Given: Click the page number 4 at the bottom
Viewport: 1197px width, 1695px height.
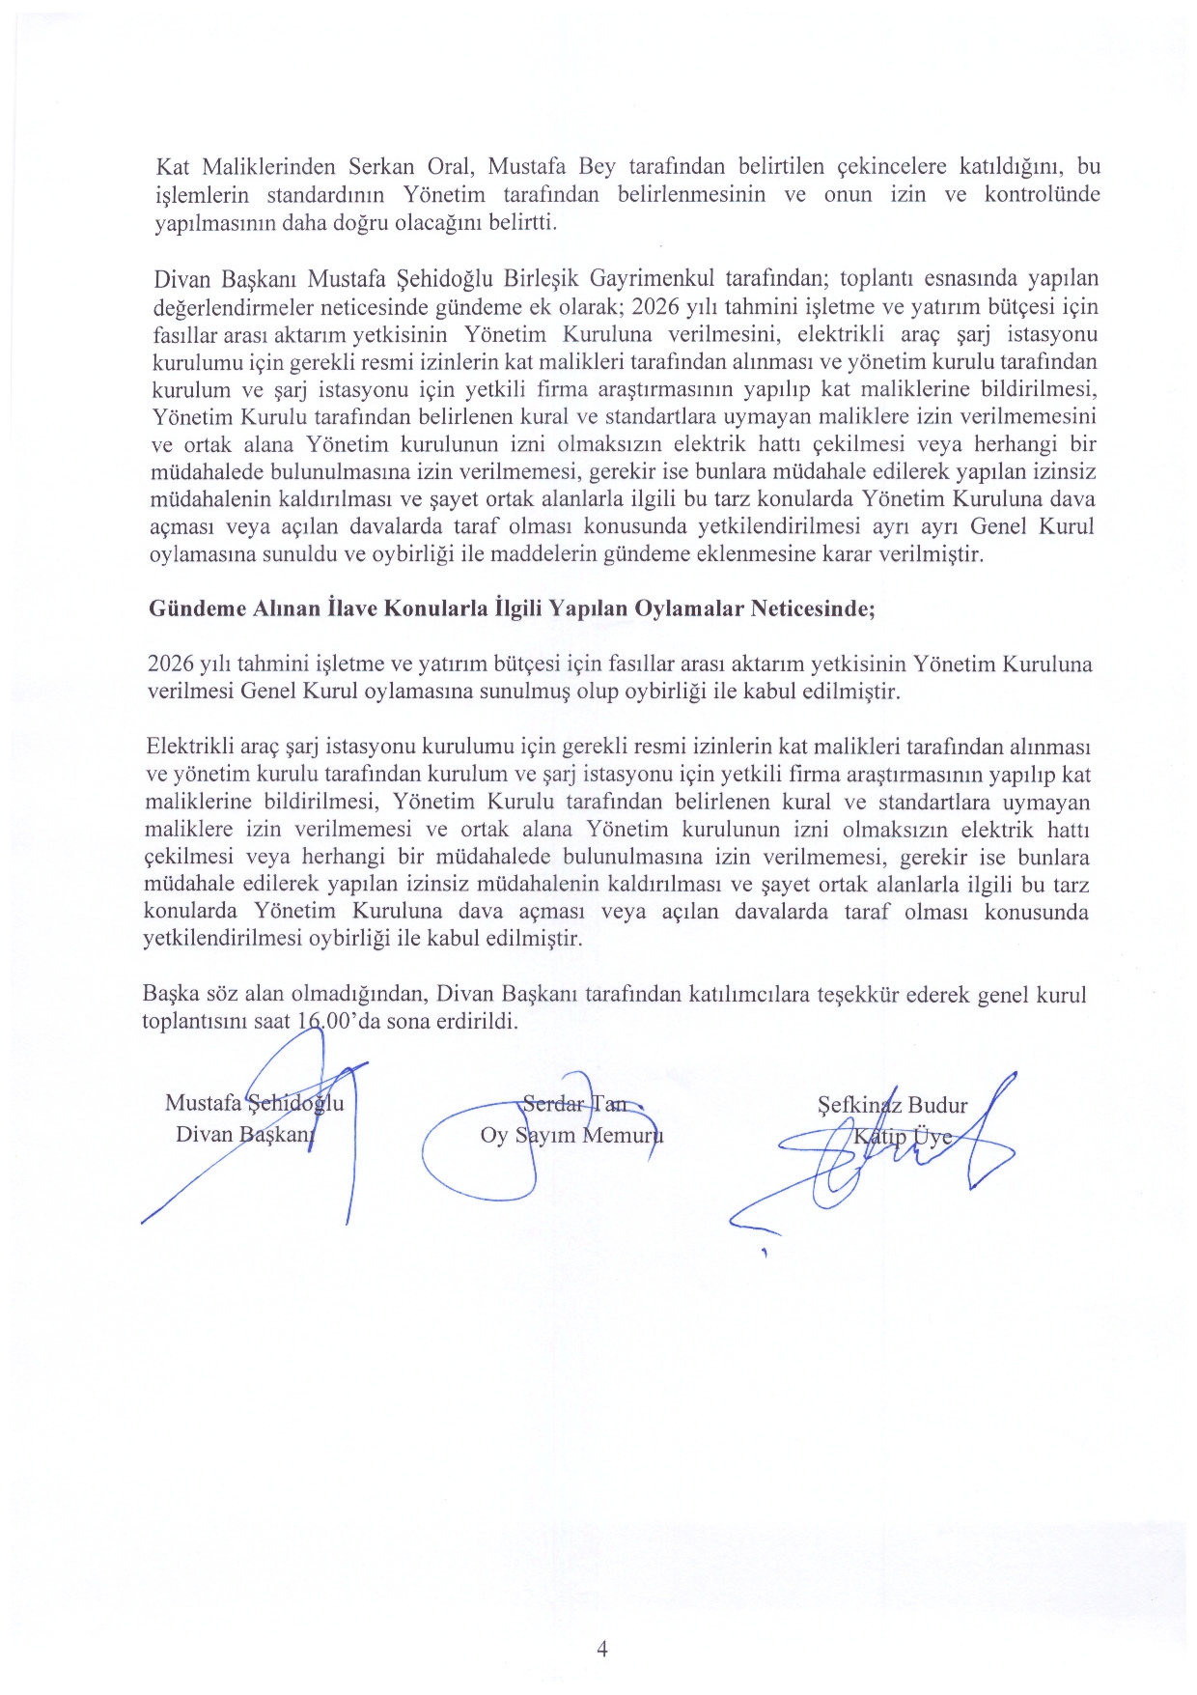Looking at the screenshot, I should pos(602,1649).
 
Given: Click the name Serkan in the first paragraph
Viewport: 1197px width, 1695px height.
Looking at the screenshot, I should pos(380,167).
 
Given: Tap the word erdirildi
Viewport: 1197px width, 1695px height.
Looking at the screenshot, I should pos(480,1022).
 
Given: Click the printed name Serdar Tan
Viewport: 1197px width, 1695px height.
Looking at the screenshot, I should pos(573,1103).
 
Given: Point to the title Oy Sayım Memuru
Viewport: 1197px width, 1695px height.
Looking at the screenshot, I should pos(571,1135).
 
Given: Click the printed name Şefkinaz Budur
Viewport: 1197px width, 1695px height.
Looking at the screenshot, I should pos(892,1105).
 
